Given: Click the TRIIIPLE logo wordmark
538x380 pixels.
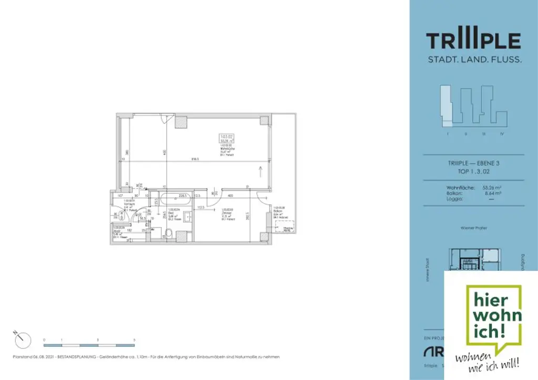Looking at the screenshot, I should pyautogui.click(x=473, y=41).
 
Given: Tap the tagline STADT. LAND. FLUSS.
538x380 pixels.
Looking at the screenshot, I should pyautogui.click(x=474, y=60).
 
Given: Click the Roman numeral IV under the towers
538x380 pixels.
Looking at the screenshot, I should pyautogui.click(x=502, y=134).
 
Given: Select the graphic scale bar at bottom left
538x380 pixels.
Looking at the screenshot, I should pyautogui.click(x=89, y=345).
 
